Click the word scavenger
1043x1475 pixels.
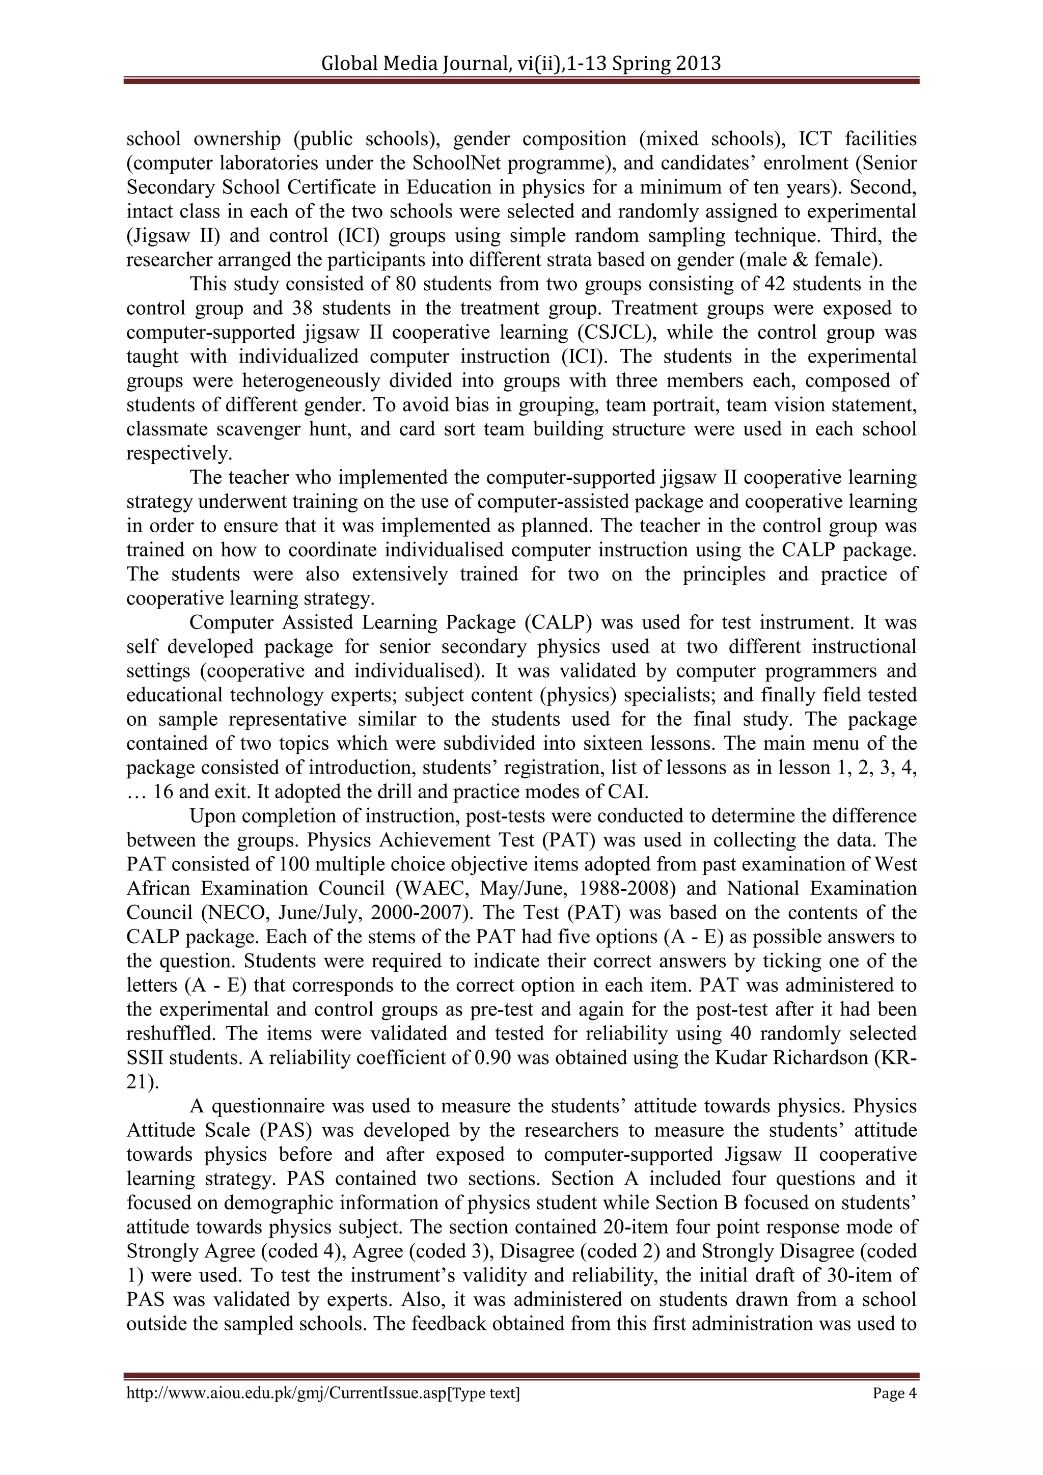point(261,429)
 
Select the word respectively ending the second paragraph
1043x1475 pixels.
point(178,453)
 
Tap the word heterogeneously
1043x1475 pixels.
point(311,381)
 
